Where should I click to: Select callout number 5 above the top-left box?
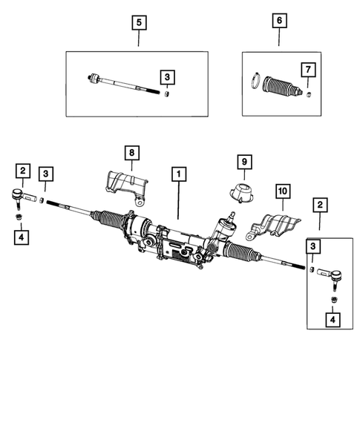[x=139, y=22]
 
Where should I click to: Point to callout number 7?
[x=307, y=70]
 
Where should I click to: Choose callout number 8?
[x=131, y=154]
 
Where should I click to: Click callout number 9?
[x=243, y=161]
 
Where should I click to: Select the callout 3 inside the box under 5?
[x=168, y=76]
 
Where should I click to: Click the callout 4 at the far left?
[x=22, y=238]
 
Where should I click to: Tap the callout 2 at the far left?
[x=22, y=173]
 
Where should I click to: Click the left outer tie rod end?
[x=25, y=198]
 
